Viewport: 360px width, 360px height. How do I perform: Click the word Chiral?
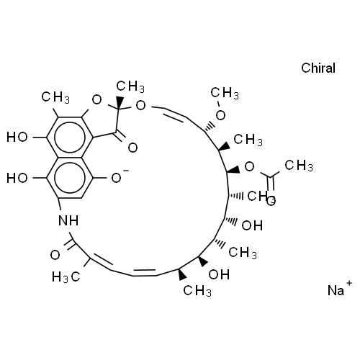coord(318,68)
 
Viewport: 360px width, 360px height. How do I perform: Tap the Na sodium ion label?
coord(336,290)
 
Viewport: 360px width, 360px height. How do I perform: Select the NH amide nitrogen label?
coord(68,220)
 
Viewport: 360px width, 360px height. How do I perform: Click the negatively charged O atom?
coord(117,178)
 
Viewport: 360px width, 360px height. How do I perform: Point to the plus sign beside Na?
coord(349,283)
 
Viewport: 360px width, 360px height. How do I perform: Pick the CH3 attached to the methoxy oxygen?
coord(225,93)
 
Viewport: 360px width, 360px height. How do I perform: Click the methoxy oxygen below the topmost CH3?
coord(220,115)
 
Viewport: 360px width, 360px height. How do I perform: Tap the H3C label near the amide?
coord(66,277)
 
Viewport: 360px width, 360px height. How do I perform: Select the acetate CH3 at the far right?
coord(299,166)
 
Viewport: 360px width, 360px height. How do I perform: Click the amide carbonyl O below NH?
coord(55,255)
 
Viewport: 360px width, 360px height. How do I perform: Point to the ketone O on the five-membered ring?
coord(132,148)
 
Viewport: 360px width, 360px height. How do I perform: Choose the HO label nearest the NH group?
coord(17,178)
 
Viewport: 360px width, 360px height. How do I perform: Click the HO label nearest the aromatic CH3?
coord(17,138)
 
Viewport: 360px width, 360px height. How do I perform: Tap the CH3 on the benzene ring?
coord(55,97)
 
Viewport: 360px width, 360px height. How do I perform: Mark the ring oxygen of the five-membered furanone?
coord(96,99)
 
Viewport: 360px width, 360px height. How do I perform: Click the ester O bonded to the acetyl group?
coord(249,166)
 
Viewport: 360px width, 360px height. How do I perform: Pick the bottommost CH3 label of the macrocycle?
coord(197,291)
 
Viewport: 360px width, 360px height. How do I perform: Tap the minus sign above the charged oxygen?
coord(126,171)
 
